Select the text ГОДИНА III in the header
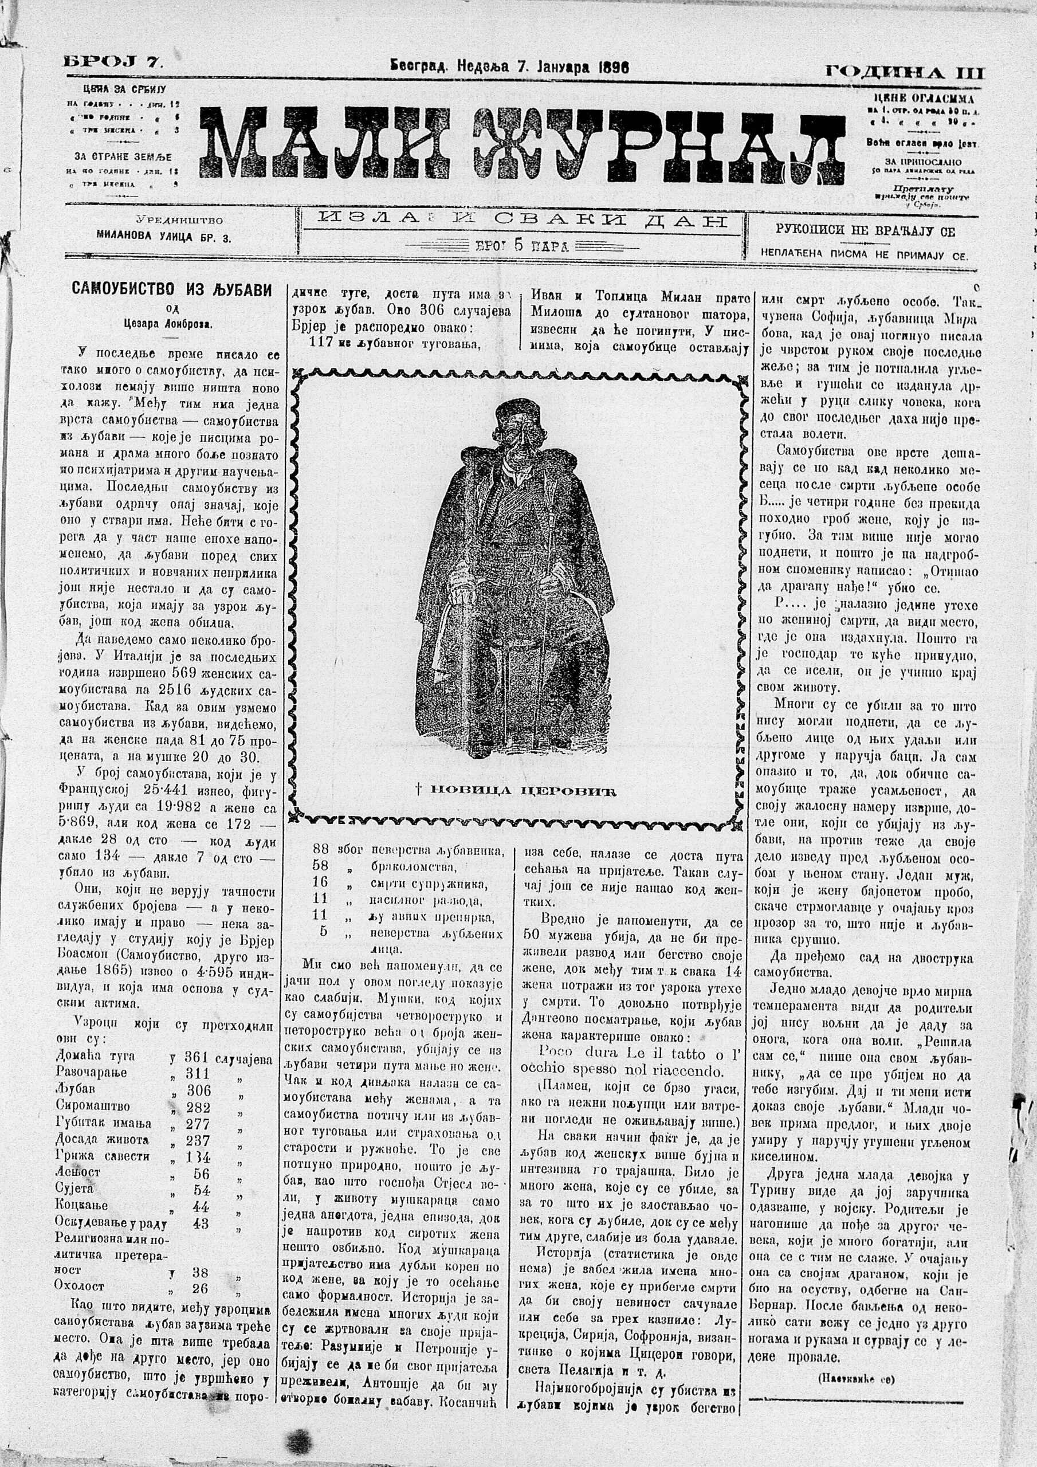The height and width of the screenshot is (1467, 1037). tap(904, 72)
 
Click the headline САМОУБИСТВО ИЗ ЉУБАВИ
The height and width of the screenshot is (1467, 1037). tap(171, 289)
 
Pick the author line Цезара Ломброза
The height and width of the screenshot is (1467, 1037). tap(171, 323)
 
